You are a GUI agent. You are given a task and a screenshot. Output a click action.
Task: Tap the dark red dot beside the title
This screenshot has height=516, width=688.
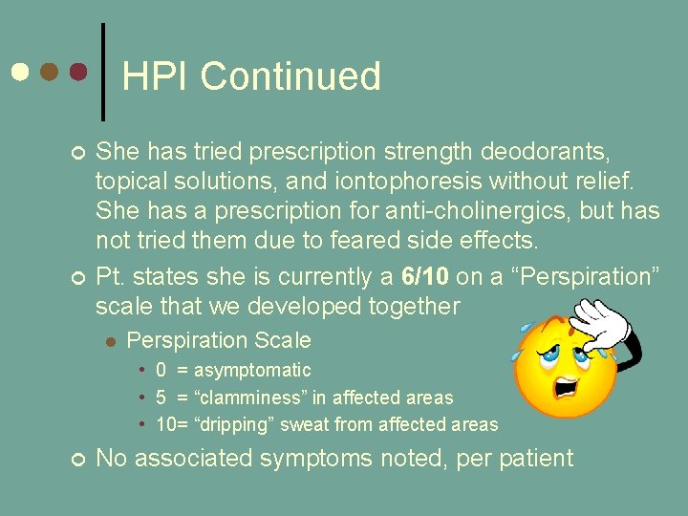tap(79, 73)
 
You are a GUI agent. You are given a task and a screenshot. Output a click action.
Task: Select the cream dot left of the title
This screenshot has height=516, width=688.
tap(19, 73)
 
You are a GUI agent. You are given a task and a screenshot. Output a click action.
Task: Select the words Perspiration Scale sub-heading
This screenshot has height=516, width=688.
tap(219, 340)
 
